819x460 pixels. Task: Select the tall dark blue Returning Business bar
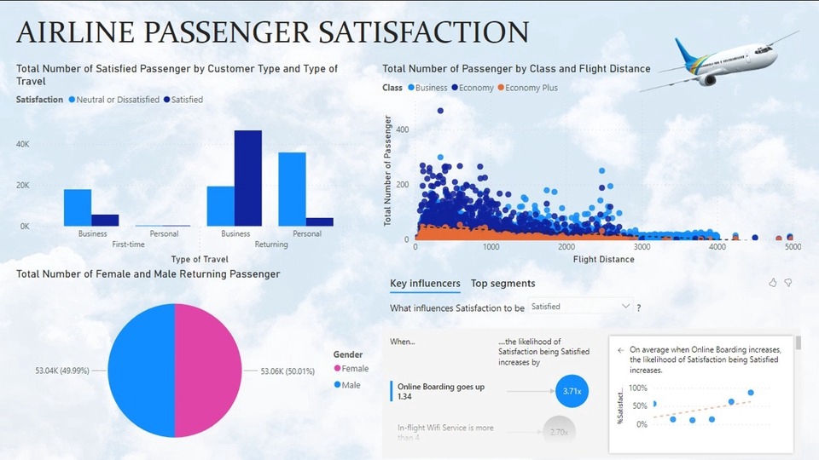(247, 179)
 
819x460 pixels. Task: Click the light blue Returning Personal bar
(292, 189)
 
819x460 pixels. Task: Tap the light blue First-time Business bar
(78, 208)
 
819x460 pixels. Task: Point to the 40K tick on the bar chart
(23, 145)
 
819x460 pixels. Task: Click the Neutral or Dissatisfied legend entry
(113, 100)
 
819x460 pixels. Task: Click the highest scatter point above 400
(440, 111)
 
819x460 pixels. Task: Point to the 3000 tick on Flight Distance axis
(642, 247)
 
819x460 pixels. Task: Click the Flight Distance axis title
(603, 259)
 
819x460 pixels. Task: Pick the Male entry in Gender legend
(349, 385)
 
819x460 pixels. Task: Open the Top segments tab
(502, 284)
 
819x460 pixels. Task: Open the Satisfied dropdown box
(580, 306)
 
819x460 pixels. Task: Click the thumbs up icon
(773, 283)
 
